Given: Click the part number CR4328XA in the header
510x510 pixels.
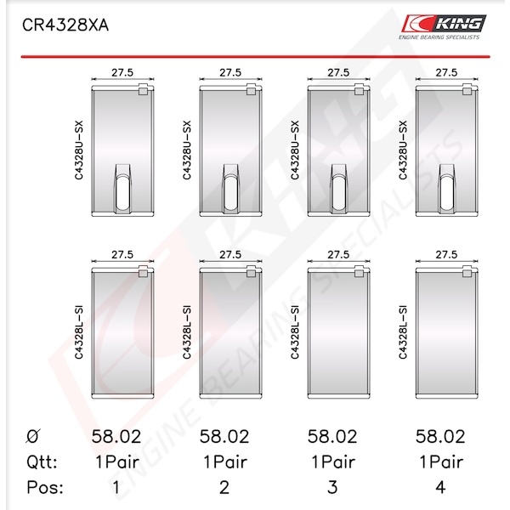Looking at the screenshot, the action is point(65,25).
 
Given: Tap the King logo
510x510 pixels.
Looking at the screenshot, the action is point(444,27).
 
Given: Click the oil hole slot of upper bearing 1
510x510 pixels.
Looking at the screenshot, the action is point(122,193).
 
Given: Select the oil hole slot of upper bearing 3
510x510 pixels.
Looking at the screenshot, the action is point(338,193).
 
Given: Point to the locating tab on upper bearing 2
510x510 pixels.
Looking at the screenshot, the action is point(251,89).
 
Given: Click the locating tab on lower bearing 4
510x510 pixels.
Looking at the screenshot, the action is point(467,271).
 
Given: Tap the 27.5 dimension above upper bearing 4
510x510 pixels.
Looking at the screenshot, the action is point(446,72).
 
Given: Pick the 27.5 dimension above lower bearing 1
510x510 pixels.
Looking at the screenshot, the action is point(122,254).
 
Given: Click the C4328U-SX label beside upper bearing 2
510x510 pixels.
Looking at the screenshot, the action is point(187,150).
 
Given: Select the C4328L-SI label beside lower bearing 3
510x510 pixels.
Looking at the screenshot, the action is point(295,332).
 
